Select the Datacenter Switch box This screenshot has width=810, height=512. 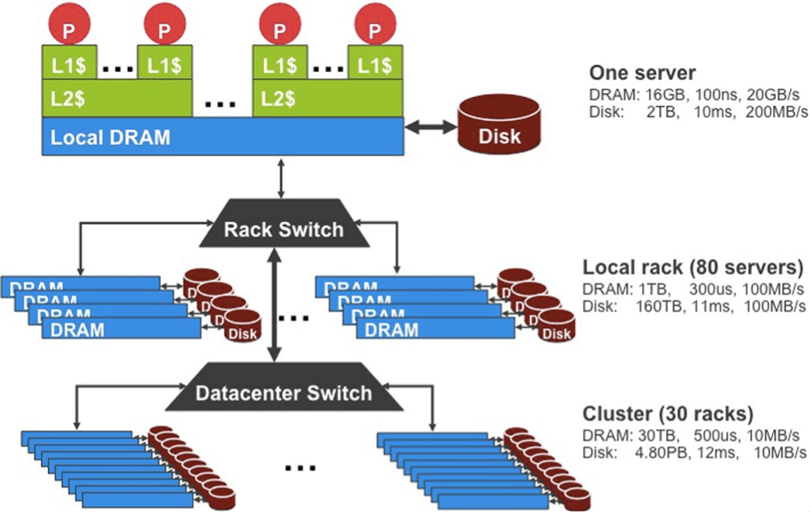point(284,394)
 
